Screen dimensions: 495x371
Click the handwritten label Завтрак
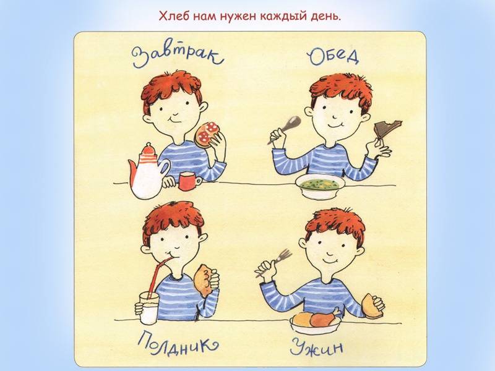coord(178,58)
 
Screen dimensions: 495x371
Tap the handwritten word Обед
coord(334,57)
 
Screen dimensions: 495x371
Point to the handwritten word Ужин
coord(316,347)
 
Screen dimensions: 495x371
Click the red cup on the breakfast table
coord(190,181)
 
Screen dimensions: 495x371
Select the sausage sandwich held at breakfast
coord(207,135)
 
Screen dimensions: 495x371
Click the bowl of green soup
coord(320,185)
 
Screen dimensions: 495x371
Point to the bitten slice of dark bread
coord(387,129)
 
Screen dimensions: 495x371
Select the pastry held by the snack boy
coord(204,280)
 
